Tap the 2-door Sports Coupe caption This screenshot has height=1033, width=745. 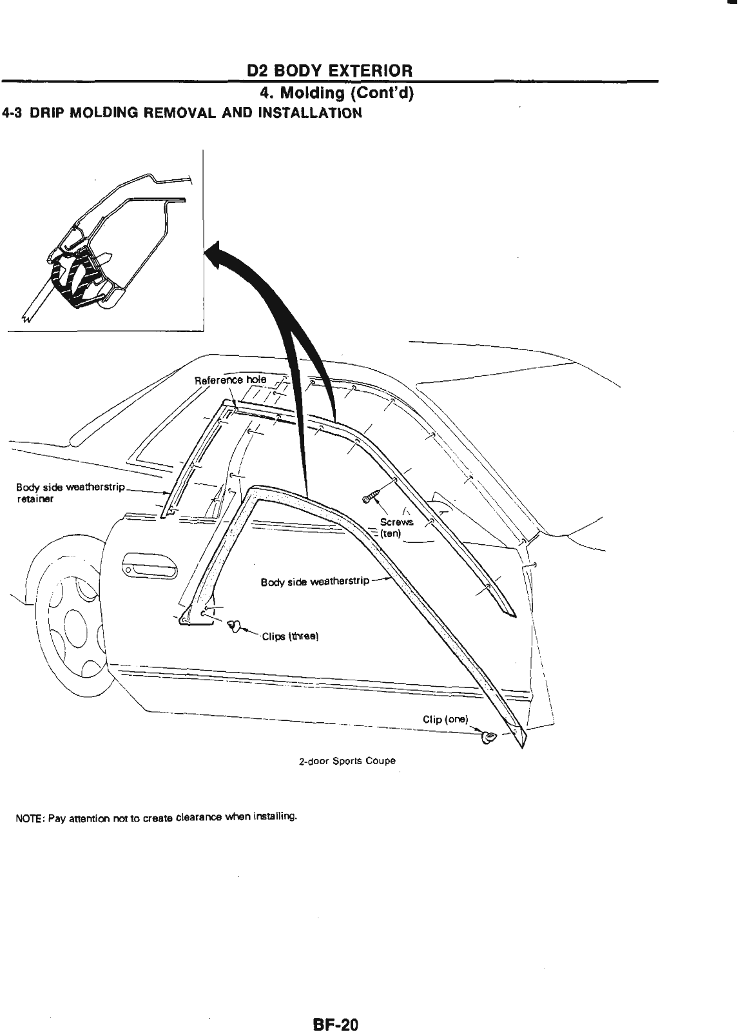[x=347, y=761]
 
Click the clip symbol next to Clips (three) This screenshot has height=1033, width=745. [x=235, y=625]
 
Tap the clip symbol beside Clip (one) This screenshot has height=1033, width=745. [x=489, y=736]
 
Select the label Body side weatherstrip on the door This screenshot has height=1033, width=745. [x=315, y=582]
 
